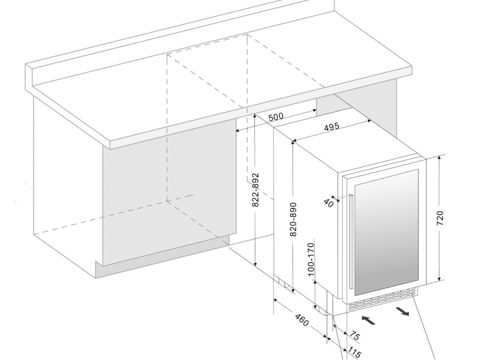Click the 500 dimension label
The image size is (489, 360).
276,117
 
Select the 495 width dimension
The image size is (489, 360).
331,127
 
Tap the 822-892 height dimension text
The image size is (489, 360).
255,190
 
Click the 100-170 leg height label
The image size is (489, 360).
311,259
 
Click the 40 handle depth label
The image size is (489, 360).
328,203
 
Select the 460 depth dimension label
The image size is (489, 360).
301,320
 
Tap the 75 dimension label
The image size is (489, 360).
354,336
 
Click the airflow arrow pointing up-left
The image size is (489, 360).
368,320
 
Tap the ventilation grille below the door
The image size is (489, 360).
382,298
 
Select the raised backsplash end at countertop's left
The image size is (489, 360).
29,76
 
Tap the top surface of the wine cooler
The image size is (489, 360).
355,146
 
